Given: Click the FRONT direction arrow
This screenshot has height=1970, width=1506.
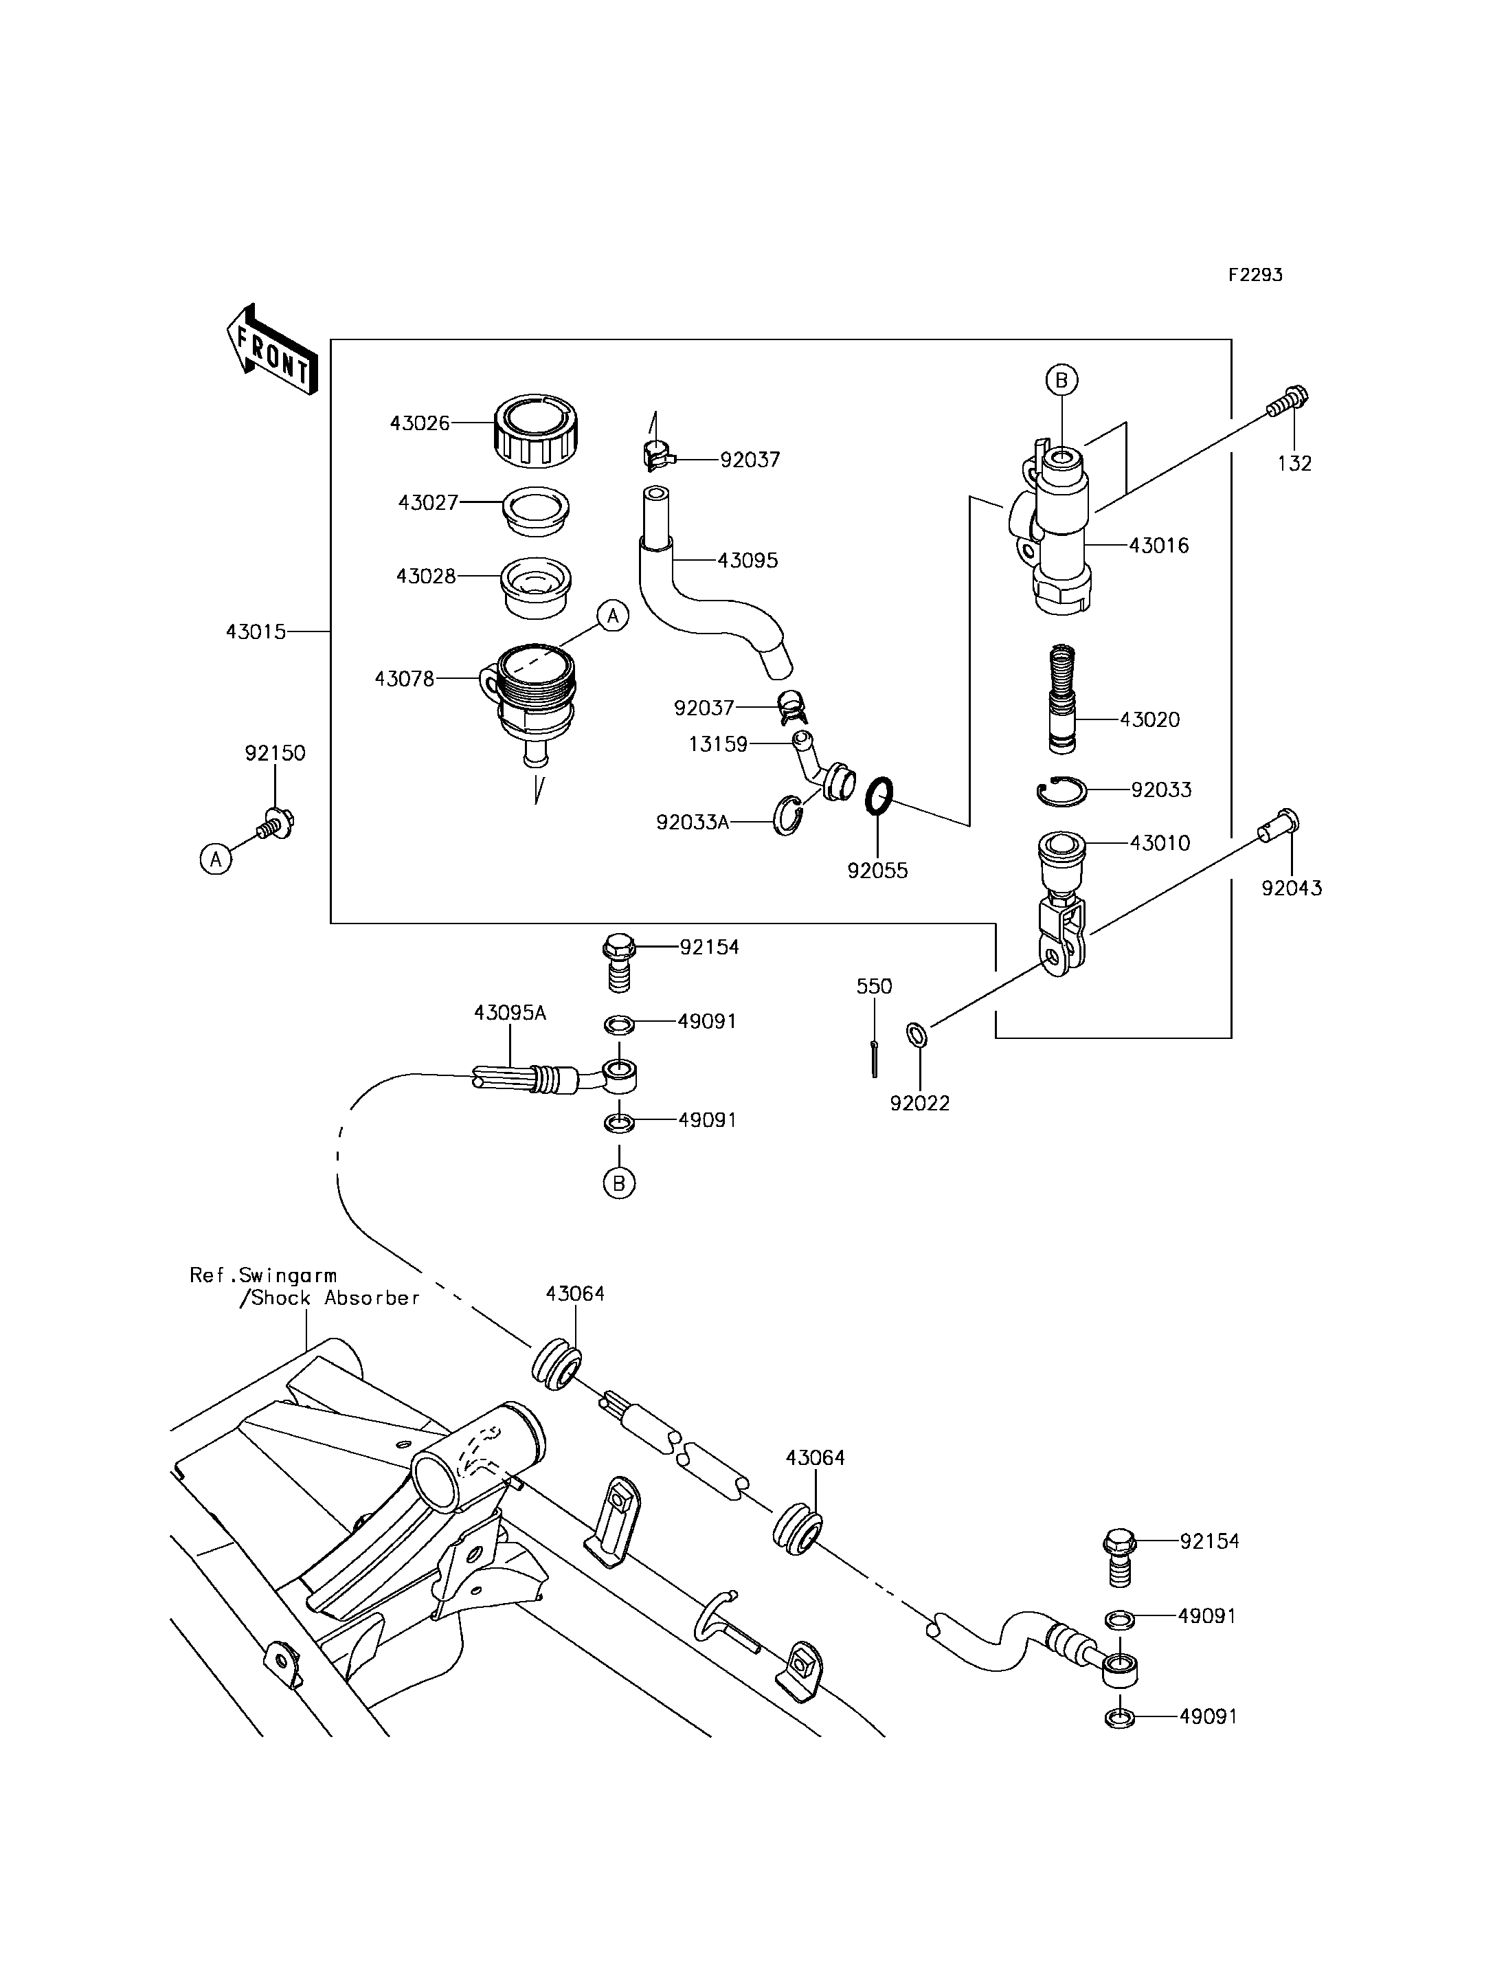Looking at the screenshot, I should pos(271,350).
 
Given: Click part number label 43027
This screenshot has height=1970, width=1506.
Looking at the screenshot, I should pos(427,503).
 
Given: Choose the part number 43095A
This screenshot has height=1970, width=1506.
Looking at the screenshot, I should pos(510,1014).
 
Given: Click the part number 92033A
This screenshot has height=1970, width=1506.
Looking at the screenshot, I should pos(692,822).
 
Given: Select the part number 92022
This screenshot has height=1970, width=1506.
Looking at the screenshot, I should pos(920,1104).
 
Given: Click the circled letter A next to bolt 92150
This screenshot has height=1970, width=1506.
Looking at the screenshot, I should pos(216,859).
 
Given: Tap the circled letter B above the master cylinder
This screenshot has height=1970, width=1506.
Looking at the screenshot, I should pos(1061,380).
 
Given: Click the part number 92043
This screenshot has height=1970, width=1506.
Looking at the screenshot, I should pos(1291,888).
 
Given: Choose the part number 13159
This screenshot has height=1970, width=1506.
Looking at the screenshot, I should pos(718,744).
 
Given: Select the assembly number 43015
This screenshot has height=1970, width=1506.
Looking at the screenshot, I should pos(256,632).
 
